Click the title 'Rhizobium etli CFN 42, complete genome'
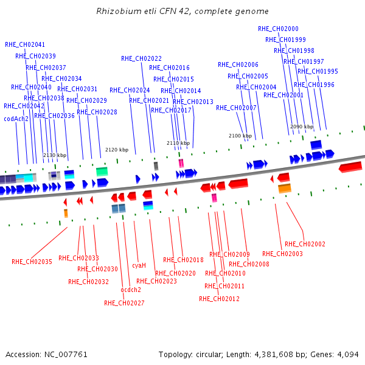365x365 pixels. coord(182,11)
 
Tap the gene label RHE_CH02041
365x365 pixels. coord(25,44)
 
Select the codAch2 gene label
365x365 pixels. coord(16,119)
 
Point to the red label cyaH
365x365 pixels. coord(139,265)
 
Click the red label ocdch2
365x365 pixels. coord(131,290)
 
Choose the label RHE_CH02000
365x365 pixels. coord(278,29)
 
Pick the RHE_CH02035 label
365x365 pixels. coord(32,262)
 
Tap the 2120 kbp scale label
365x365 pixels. coord(117,150)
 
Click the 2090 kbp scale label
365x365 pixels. coord(302,127)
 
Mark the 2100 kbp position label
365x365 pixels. coord(240,136)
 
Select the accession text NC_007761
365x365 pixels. coord(66,355)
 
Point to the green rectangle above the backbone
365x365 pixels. coord(102,172)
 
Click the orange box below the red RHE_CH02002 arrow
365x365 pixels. coord(285,189)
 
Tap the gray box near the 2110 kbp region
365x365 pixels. coord(156,166)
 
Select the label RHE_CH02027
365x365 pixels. coord(124,303)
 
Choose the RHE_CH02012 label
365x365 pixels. coord(219,299)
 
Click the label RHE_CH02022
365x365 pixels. coord(141,58)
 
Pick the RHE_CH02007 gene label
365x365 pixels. coord(236,108)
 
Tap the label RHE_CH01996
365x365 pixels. coord(314,85)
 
